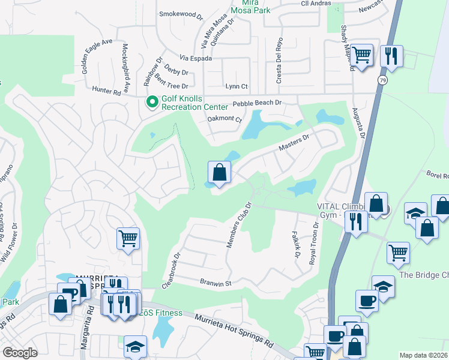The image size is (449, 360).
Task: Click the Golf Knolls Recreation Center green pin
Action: pyautogui.click(x=152, y=103)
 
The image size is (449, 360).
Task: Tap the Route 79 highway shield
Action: pyautogui.click(x=382, y=80)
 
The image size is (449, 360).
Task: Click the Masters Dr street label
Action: pyautogui.click(x=294, y=143)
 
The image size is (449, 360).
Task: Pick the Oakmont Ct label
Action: pyautogui.click(x=224, y=119)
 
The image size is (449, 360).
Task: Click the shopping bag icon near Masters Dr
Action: pyautogui.click(x=220, y=173)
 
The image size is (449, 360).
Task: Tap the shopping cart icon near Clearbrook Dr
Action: pyautogui.click(x=128, y=238)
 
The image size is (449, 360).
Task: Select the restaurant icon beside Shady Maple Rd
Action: pyautogui.click(x=391, y=56)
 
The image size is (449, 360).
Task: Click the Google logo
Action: pyautogui.click(x=20, y=353)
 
